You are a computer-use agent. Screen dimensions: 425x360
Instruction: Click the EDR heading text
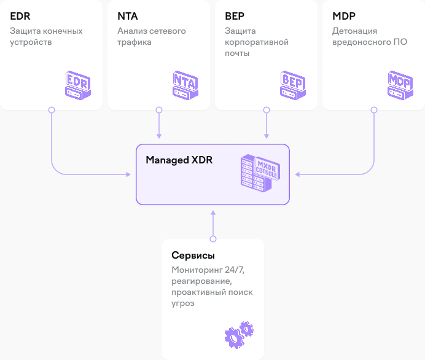click(x=20, y=16)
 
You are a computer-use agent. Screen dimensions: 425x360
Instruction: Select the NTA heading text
click(x=128, y=16)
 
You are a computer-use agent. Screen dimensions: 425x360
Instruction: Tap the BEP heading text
click(x=235, y=16)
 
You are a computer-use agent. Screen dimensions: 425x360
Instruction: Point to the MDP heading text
click(x=344, y=16)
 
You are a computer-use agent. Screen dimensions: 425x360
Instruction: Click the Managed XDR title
click(x=179, y=160)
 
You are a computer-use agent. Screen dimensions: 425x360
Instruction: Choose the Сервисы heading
click(x=193, y=256)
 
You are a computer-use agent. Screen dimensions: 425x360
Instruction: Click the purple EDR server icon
click(x=78, y=85)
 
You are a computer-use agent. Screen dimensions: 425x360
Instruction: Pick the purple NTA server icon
click(x=185, y=85)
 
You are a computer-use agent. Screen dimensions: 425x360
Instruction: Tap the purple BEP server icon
click(x=293, y=85)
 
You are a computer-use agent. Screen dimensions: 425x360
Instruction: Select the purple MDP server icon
click(x=400, y=85)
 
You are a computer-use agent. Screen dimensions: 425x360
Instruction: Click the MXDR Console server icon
click(x=260, y=173)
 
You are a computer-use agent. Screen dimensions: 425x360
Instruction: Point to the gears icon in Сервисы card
click(x=240, y=335)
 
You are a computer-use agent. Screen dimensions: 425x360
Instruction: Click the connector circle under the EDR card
click(x=52, y=110)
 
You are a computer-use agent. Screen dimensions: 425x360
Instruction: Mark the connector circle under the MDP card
click(x=374, y=110)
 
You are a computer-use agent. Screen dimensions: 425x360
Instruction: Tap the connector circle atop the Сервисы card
click(x=213, y=239)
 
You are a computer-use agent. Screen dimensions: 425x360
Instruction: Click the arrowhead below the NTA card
click(x=159, y=136)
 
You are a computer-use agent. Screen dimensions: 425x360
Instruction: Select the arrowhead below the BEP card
click(x=267, y=136)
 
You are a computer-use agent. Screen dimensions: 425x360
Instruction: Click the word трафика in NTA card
click(x=135, y=42)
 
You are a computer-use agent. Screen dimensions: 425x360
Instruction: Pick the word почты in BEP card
click(x=237, y=53)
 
